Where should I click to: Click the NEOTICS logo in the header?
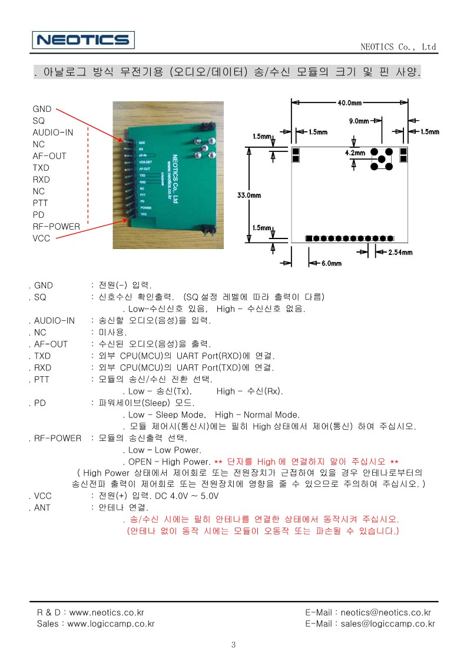pyautogui.click(x=84, y=40)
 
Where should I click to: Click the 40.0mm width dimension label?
pyautogui.click(x=349, y=102)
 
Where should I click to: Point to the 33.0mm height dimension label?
pyautogui.click(x=249, y=195)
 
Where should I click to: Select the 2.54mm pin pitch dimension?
pyautogui.click(x=400, y=253)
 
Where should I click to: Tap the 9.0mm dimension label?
pyautogui.click(x=359, y=121)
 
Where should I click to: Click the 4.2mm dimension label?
pyautogui.click(x=355, y=153)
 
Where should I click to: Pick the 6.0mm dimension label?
pyautogui.click(x=332, y=264)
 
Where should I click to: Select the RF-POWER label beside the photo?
pyautogui.click(x=57, y=227)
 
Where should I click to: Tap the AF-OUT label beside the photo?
pyautogui.click(x=49, y=156)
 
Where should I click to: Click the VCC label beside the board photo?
pyautogui.click(x=41, y=238)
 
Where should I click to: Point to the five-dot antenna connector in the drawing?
pyautogui.click(x=382, y=159)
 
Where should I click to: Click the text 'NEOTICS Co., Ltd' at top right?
pyautogui.click(x=398, y=47)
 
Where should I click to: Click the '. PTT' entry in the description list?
pyautogui.click(x=39, y=380)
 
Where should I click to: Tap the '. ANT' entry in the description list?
pyautogui.click(x=39, y=508)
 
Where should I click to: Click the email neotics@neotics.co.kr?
pyautogui.click(x=386, y=612)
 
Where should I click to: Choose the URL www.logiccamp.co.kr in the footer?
pyautogui.click(x=111, y=624)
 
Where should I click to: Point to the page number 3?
pyautogui.click(x=233, y=645)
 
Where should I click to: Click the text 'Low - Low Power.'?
pyautogui.click(x=165, y=450)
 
